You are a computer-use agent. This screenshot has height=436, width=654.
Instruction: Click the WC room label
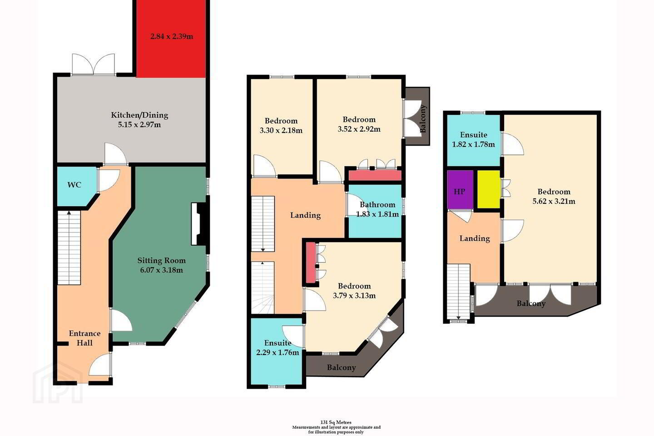pyautogui.click(x=74, y=185)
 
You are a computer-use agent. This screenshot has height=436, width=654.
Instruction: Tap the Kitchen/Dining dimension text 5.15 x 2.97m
pyautogui.click(x=139, y=125)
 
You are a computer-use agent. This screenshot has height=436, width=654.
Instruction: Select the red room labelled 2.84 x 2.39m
pyautogui.click(x=171, y=39)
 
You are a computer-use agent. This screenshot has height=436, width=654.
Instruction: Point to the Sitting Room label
pyautogui.click(x=162, y=261)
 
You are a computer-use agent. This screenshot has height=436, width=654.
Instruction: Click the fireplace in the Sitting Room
pyautogui.click(x=200, y=224)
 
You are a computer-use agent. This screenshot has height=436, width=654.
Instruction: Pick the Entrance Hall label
pyautogui.click(x=84, y=338)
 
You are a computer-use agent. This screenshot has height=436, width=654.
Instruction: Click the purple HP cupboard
pyautogui.click(x=460, y=190)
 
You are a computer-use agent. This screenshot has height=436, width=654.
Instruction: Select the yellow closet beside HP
pyautogui.click(x=489, y=189)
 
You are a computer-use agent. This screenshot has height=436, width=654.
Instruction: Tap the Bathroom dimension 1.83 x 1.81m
pyautogui.click(x=377, y=214)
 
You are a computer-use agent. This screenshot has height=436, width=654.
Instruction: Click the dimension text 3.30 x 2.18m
pyautogui.click(x=281, y=130)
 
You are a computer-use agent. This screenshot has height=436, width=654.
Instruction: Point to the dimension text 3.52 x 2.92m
pyautogui.click(x=359, y=129)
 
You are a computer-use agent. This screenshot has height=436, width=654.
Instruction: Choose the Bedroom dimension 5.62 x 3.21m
pyautogui.click(x=554, y=201)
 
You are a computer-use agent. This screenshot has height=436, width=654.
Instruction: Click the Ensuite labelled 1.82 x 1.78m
pyautogui.click(x=474, y=139)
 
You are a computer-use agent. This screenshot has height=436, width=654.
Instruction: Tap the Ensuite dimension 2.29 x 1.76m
pyautogui.click(x=277, y=352)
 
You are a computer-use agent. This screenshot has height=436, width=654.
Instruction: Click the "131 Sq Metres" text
pyautogui.click(x=336, y=422)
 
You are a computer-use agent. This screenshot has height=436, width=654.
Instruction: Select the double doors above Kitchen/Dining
pyautogui.click(x=94, y=65)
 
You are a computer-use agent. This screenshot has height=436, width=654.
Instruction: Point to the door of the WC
pyautogui.click(x=109, y=180)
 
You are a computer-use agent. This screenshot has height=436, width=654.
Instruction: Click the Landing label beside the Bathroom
pyautogui.click(x=305, y=216)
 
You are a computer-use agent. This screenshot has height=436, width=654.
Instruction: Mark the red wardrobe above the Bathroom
pyautogui.click(x=375, y=175)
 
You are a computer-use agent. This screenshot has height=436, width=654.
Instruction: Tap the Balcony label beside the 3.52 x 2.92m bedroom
pyautogui.click(x=424, y=119)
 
